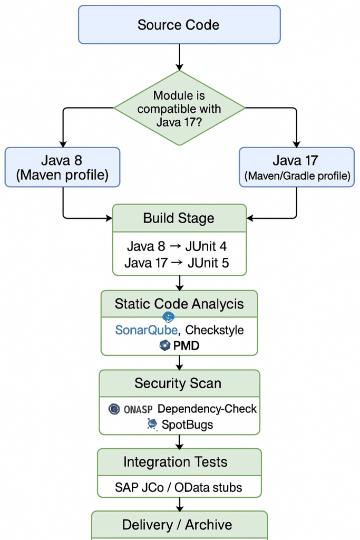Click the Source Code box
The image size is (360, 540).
pos(179,25)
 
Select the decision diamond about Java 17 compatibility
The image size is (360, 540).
pos(180,108)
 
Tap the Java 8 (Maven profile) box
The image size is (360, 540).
pos(62,168)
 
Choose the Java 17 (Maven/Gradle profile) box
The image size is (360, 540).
pos(297,168)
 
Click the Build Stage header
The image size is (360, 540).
pos(179,218)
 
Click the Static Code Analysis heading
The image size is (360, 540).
pos(179,304)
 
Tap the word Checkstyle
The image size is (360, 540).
pos(215,330)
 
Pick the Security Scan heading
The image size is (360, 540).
pos(178,383)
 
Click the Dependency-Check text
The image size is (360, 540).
pos(207,409)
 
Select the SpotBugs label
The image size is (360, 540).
pos(188,424)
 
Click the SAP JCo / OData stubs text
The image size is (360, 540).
pos(179,487)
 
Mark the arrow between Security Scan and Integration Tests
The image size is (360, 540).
pos(179,441)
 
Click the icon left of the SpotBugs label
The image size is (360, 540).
pos(152,424)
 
